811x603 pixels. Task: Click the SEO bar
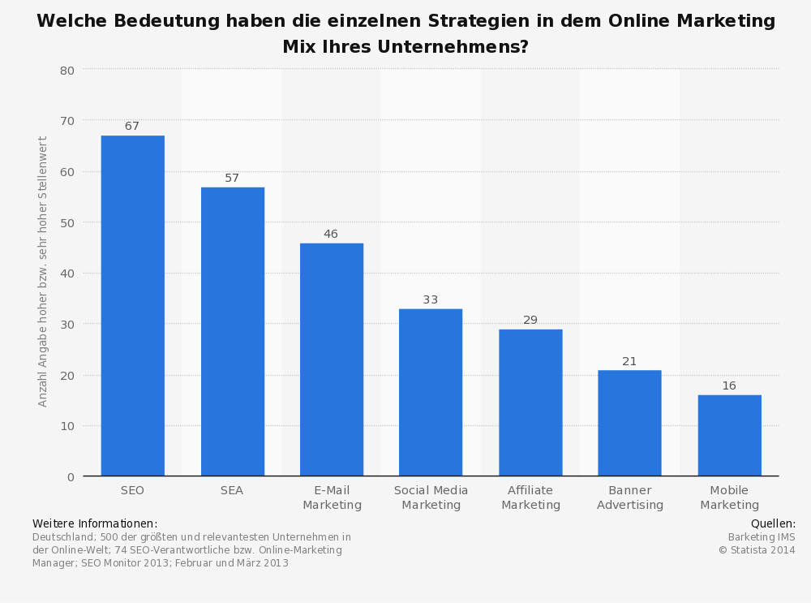pyautogui.click(x=132, y=306)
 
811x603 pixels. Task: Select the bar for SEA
pyautogui.click(x=232, y=332)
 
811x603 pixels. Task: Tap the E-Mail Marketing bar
pyautogui.click(x=332, y=360)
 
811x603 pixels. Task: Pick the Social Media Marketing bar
pyautogui.click(x=431, y=393)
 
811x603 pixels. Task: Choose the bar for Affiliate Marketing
pyautogui.click(x=530, y=403)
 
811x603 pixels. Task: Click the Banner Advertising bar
pyautogui.click(x=629, y=423)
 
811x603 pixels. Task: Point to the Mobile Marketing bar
pyautogui.click(x=729, y=436)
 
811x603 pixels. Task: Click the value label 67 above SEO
pyautogui.click(x=132, y=127)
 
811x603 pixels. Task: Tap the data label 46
pyautogui.click(x=331, y=235)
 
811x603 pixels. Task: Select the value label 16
pyautogui.click(x=729, y=386)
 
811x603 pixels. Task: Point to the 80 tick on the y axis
pyautogui.click(x=67, y=71)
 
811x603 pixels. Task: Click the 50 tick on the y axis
pyautogui.click(x=67, y=222)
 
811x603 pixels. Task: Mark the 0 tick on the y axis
pyautogui.click(x=71, y=476)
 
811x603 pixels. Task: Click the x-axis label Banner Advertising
pyautogui.click(x=630, y=497)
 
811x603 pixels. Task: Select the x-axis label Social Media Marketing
pyautogui.click(x=431, y=497)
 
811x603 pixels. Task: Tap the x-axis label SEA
pyautogui.click(x=232, y=490)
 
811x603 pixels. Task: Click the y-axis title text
pyautogui.click(x=44, y=272)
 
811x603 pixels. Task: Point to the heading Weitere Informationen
pyautogui.click(x=95, y=523)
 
